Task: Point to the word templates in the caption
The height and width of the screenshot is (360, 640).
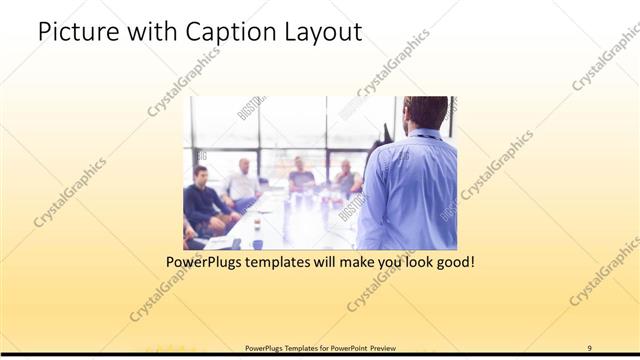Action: [x=296, y=263]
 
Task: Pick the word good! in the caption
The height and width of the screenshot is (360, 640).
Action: [x=452, y=263]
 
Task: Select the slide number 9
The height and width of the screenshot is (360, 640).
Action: [x=589, y=348]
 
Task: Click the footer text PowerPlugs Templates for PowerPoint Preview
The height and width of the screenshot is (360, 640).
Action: [x=320, y=348]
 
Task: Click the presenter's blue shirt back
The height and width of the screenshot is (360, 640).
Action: [x=410, y=190]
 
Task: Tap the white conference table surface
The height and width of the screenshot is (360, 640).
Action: [x=290, y=220]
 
